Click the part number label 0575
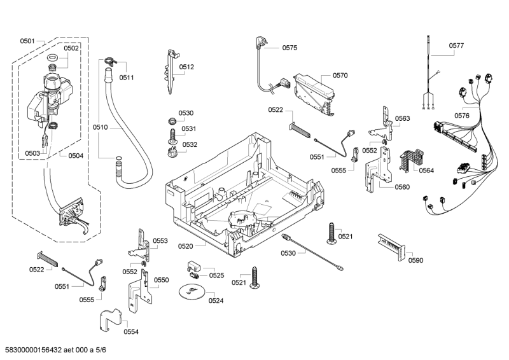click(x=289, y=48)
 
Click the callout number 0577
click(x=456, y=46)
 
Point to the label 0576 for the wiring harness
click(x=462, y=115)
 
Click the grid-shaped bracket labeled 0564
click(x=407, y=160)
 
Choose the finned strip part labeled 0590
click(x=390, y=244)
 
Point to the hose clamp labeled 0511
click(x=109, y=62)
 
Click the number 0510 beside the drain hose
click(x=100, y=128)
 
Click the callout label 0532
click(x=190, y=145)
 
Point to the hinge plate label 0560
click(x=401, y=187)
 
